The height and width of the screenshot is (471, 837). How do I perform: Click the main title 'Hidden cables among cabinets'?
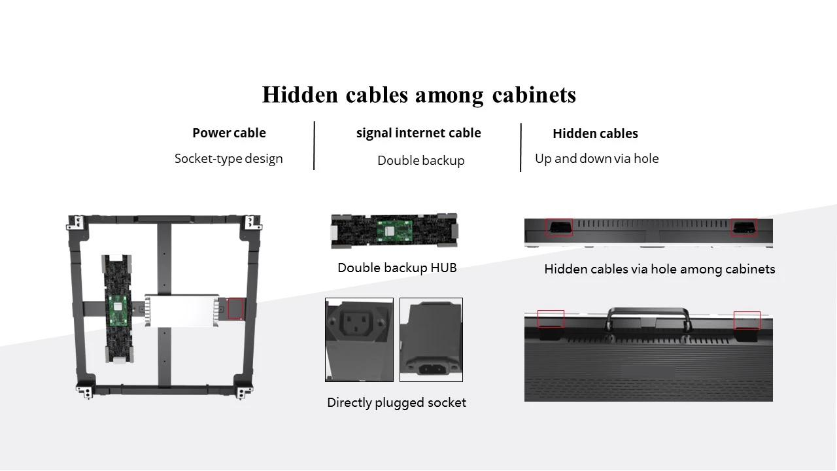tap(419, 95)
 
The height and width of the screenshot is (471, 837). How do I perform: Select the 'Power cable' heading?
tap(229, 133)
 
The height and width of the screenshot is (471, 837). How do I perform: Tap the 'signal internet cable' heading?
tap(418, 133)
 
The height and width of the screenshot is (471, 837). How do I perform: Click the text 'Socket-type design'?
tap(229, 159)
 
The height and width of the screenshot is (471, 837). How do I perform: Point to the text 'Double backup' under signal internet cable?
tap(421, 160)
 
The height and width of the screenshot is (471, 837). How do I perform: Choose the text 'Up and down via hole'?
tap(597, 158)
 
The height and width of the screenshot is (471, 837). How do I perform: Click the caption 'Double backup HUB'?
tap(397, 268)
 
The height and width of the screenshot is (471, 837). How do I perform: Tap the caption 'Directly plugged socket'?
tap(396, 402)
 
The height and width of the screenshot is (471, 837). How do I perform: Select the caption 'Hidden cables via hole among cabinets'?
tap(660, 269)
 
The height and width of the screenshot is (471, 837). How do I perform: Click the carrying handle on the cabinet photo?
tap(648, 311)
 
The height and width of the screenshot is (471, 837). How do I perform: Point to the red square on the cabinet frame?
tap(235, 308)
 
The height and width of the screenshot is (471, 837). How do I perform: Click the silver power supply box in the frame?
tap(182, 311)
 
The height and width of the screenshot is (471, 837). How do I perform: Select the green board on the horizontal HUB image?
tap(394, 231)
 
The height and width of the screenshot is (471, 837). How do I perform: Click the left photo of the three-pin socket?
tap(359, 340)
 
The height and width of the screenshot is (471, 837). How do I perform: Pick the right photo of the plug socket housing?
tap(431, 340)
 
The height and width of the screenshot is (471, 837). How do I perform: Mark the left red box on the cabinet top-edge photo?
tap(559, 227)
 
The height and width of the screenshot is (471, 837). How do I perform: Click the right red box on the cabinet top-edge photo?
tap(744, 228)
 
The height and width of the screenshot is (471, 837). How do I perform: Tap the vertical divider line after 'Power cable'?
tap(315, 145)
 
